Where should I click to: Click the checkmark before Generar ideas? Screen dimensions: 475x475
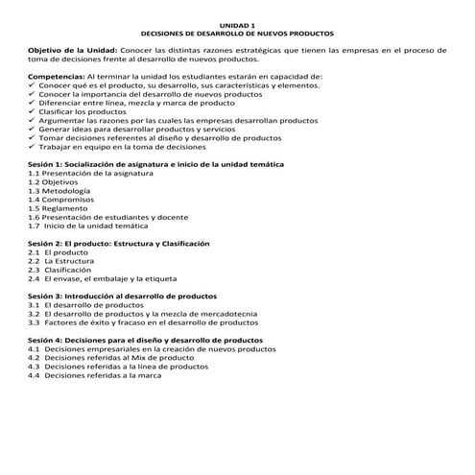[x=32, y=131]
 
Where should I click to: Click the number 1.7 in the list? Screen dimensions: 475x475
[x=36, y=226]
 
